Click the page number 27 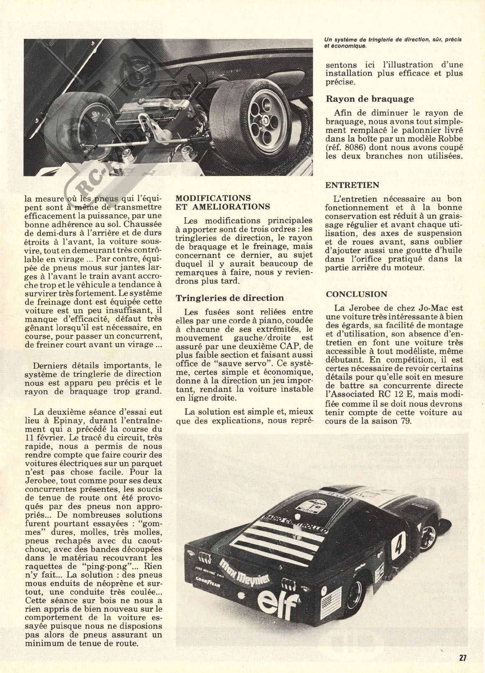(x=462, y=658)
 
